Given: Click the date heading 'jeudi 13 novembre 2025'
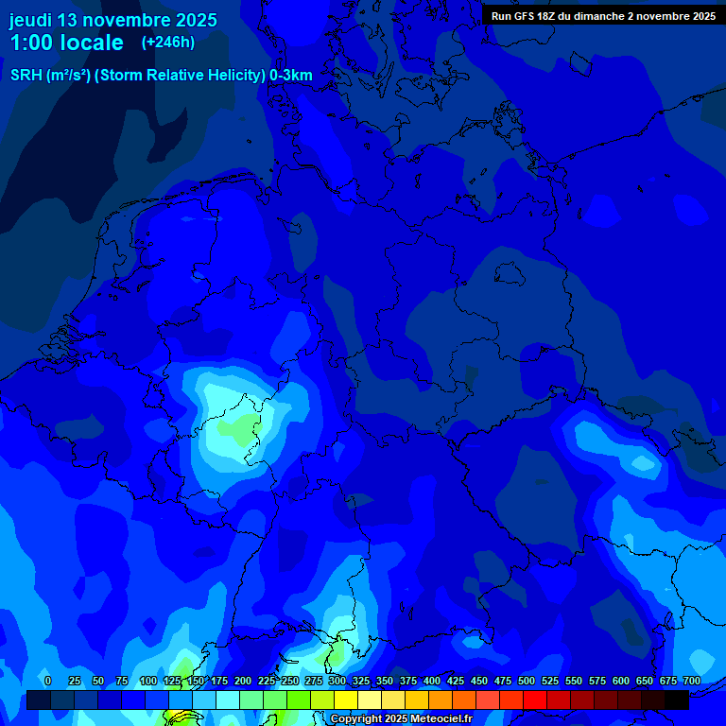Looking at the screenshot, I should point(112,20).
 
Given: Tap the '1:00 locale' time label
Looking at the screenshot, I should point(67,43).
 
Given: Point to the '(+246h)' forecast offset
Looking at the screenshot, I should point(168,43).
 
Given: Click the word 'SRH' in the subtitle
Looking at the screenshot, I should point(26,76).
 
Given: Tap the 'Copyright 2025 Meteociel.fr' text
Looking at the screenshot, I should point(401,719).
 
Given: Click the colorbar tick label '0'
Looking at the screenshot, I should point(47,682).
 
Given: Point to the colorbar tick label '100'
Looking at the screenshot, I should point(148,682).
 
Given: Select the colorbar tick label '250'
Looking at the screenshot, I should point(290,682).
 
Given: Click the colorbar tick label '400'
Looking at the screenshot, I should point(432,682).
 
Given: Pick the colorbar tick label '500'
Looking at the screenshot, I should point(527,682).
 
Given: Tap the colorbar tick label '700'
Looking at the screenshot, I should point(692,682).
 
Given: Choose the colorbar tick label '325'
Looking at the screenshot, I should point(361,682).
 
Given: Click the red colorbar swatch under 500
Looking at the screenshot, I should point(535,700).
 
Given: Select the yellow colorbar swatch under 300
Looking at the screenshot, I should point(346,700).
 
